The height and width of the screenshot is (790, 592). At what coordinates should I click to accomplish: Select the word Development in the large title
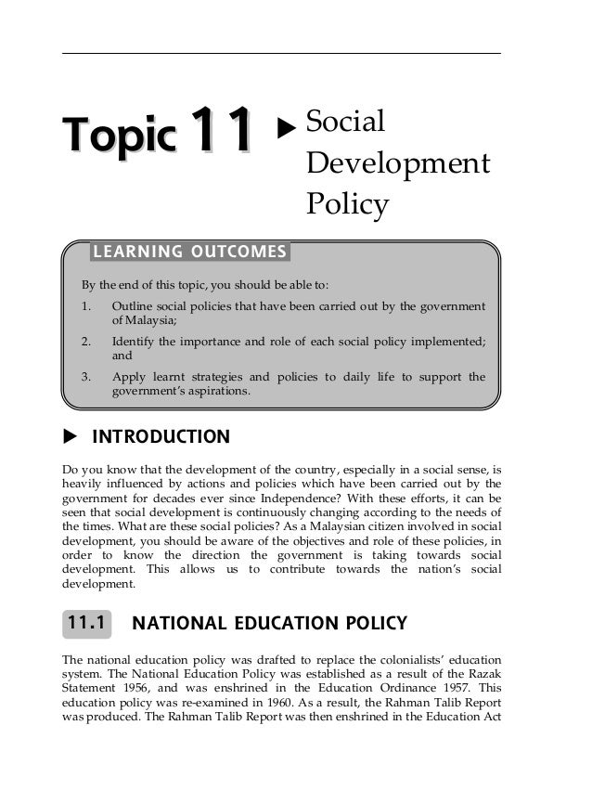(397, 163)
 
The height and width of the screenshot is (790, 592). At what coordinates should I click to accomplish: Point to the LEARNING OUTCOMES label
(188, 252)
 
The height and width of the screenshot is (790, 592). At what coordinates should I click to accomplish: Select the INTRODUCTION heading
(161, 436)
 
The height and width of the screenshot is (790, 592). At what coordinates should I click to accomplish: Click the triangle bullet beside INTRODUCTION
(68, 436)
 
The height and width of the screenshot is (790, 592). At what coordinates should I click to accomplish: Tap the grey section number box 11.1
(86, 623)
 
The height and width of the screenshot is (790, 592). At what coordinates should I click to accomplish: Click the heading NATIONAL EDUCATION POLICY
(270, 623)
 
